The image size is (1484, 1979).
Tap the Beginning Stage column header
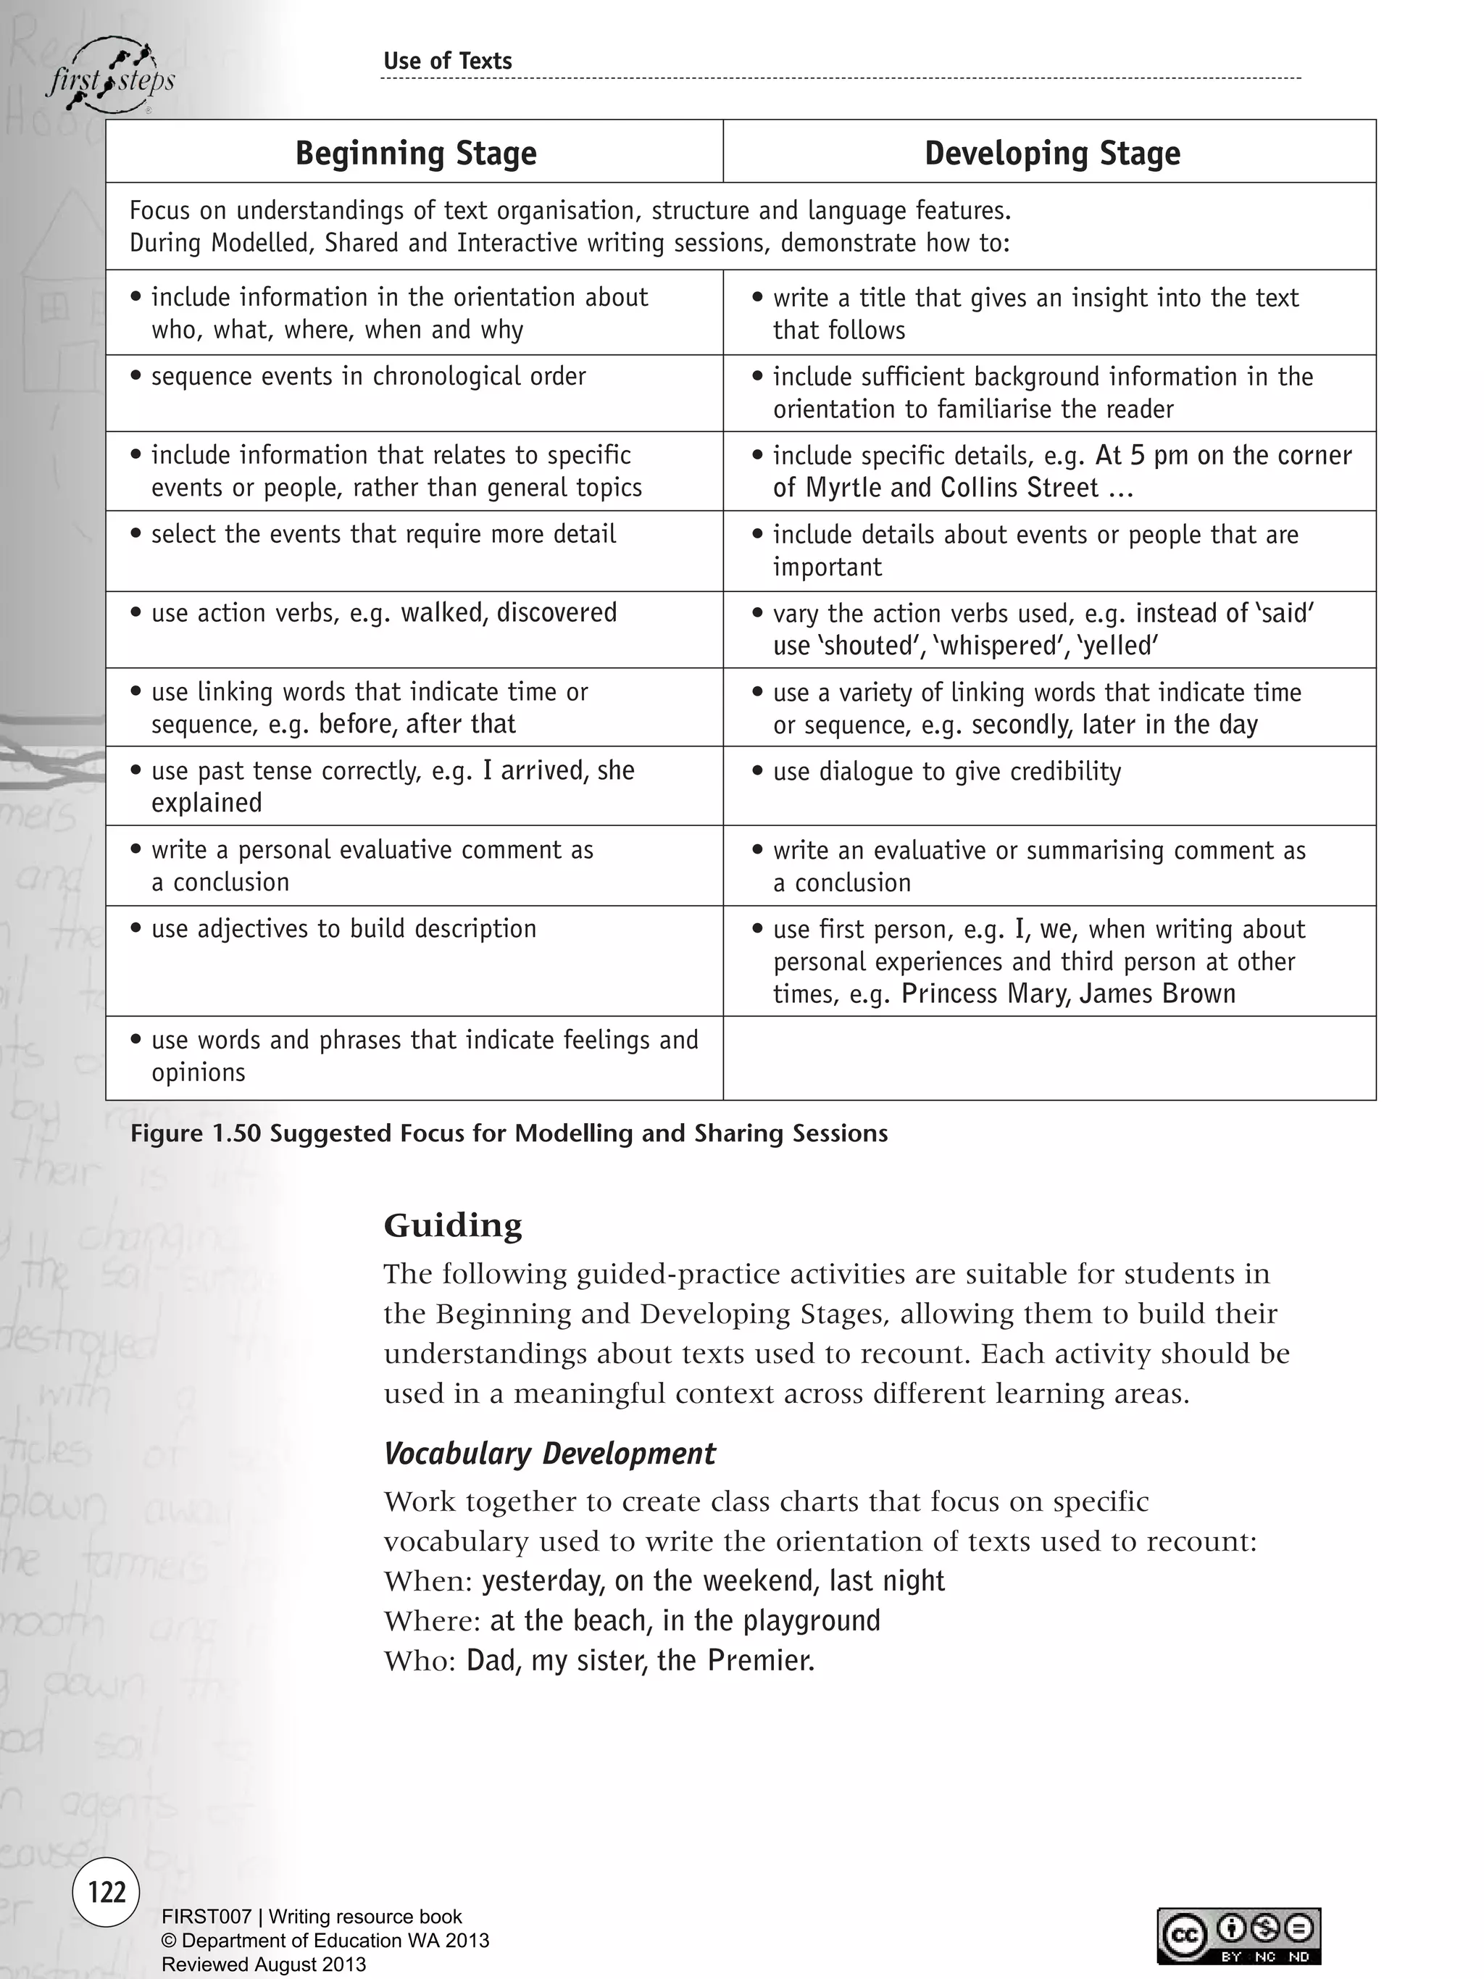(x=415, y=153)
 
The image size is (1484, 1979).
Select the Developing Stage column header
(x=1051, y=153)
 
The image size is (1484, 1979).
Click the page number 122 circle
(x=107, y=1891)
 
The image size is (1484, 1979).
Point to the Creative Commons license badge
(x=1238, y=1936)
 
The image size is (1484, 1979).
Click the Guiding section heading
(x=453, y=1225)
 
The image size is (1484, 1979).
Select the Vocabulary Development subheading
(x=549, y=1454)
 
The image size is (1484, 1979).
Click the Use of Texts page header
(x=447, y=61)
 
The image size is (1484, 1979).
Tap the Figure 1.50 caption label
(x=508, y=1133)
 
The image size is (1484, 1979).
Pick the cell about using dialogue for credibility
(x=946, y=772)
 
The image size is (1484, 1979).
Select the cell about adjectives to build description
(x=343, y=930)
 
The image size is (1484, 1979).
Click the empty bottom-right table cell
(x=1049, y=1057)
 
